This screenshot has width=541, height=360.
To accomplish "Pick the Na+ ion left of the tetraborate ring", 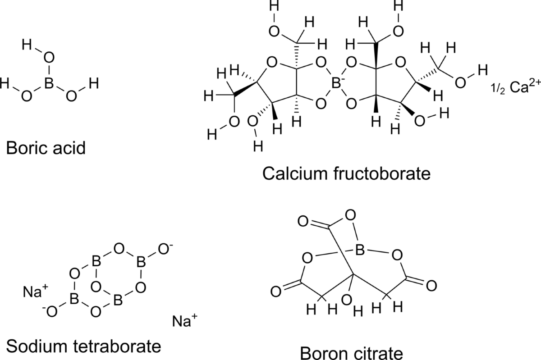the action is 35,292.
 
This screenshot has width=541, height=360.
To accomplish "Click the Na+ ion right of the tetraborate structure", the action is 184,321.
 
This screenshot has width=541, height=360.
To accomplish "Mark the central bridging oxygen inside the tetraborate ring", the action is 96,287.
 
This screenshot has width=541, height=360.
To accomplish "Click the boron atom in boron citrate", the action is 359,251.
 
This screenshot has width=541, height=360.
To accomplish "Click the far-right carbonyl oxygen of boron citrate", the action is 431,285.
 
